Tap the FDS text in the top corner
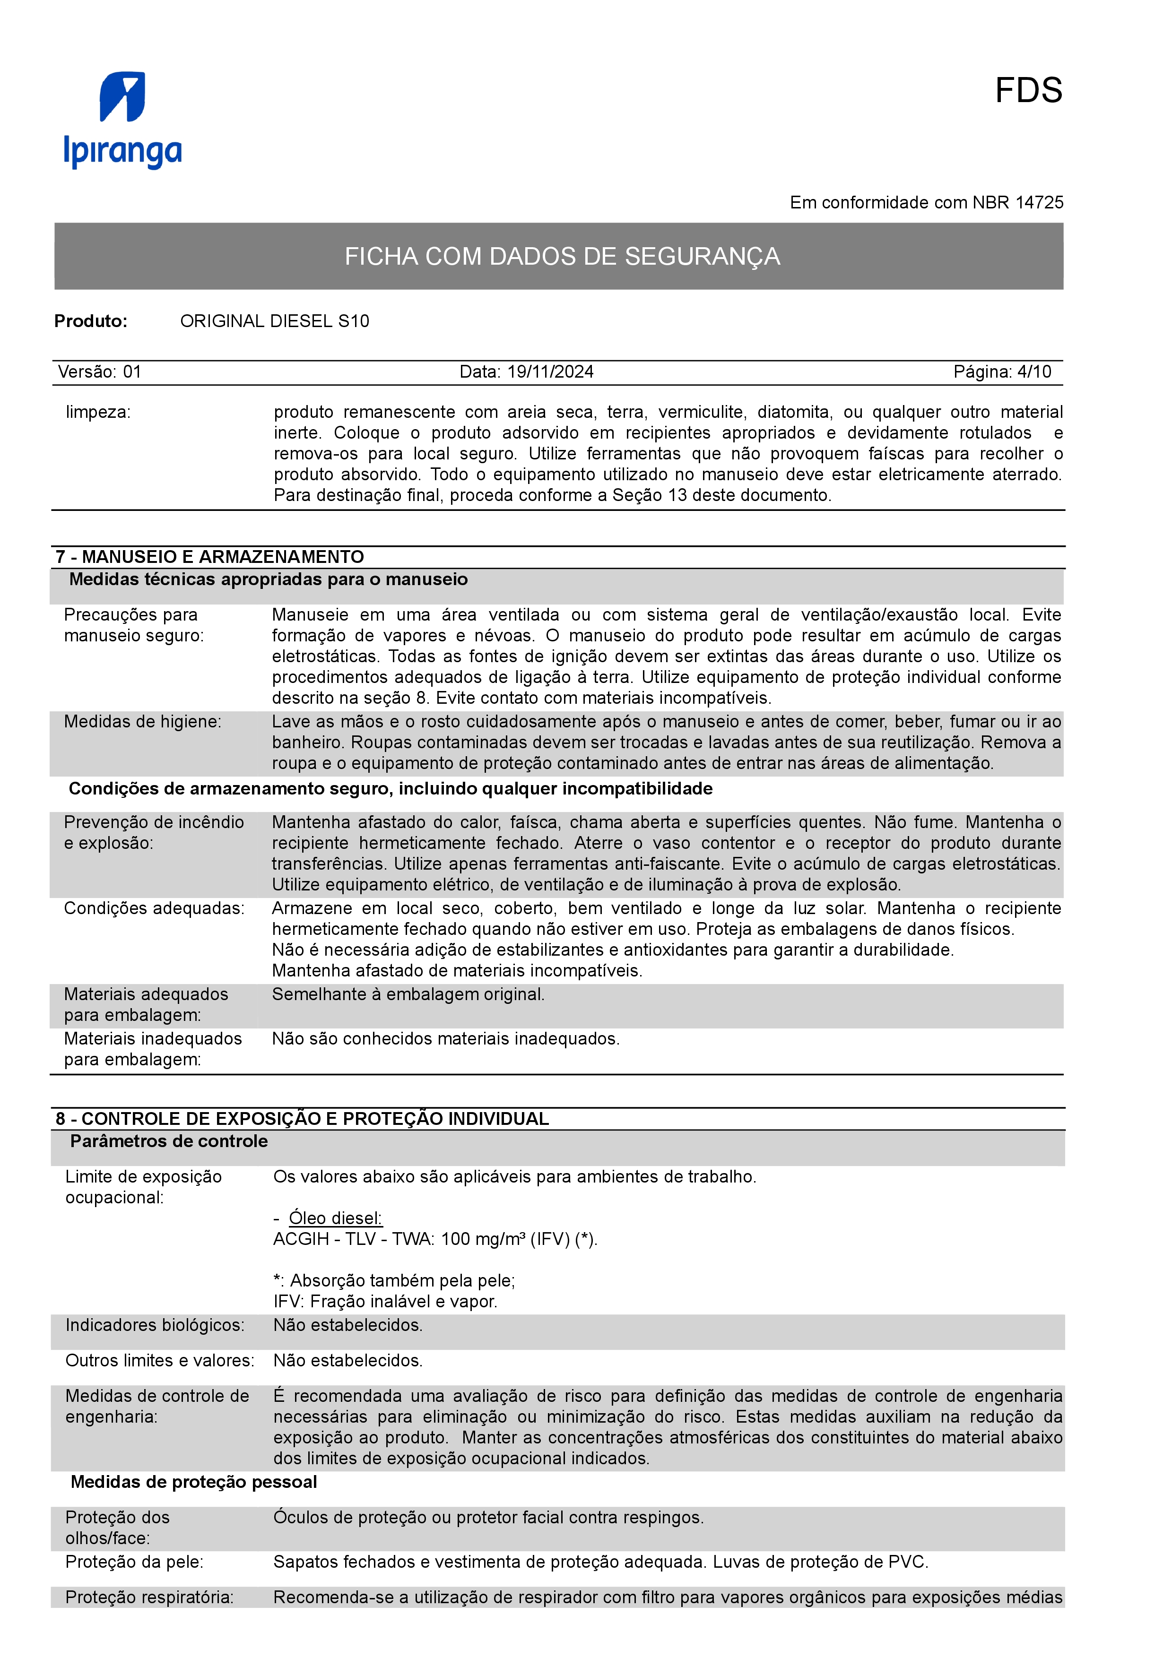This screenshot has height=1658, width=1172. (1028, 91)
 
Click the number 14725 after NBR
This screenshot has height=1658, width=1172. (1039, 203)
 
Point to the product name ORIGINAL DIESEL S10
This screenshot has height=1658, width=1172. (274, 321)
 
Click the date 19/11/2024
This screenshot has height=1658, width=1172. (550, 372)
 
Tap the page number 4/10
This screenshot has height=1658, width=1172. (1034, 372)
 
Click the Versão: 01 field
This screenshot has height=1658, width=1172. (100, 372)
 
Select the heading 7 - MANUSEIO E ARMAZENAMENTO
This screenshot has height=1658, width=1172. (209, 557)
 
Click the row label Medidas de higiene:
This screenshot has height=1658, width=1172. (142, 721)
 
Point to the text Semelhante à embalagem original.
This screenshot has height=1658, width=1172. (408, 994)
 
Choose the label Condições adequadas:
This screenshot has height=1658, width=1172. (154, 908)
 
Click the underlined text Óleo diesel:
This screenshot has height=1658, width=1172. (335, 1218)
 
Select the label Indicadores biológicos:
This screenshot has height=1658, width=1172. (155, 1325)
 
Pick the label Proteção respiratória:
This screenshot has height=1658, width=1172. (149, 1598)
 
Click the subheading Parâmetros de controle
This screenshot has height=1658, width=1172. (169, 1141)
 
